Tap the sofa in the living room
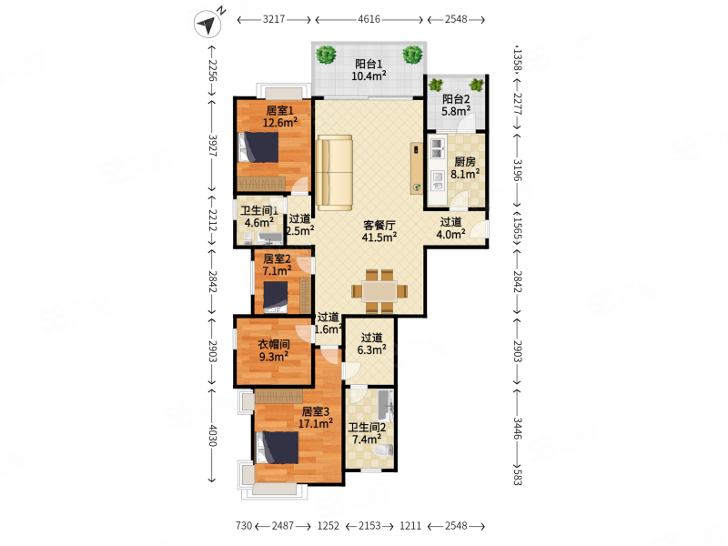tap(334, 173)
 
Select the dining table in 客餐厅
tap(379, 291)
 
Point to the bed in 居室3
tap(278, 448)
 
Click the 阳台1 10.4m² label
tap(369, 70)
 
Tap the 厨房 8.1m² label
tap(465, 168)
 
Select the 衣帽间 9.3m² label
tap(274, 350)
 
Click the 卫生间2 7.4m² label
tap(367, 433)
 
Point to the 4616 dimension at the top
tap(369, 19)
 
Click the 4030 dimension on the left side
tap(212, 435)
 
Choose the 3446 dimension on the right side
tap(517, 428)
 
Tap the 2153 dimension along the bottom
tap(369, 526)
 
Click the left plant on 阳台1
tap(326, 55)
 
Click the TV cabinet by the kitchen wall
tap(417, 168)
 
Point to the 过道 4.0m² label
tap(450, 228)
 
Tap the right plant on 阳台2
tap(476, 85)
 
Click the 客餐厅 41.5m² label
tap(379, 231)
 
